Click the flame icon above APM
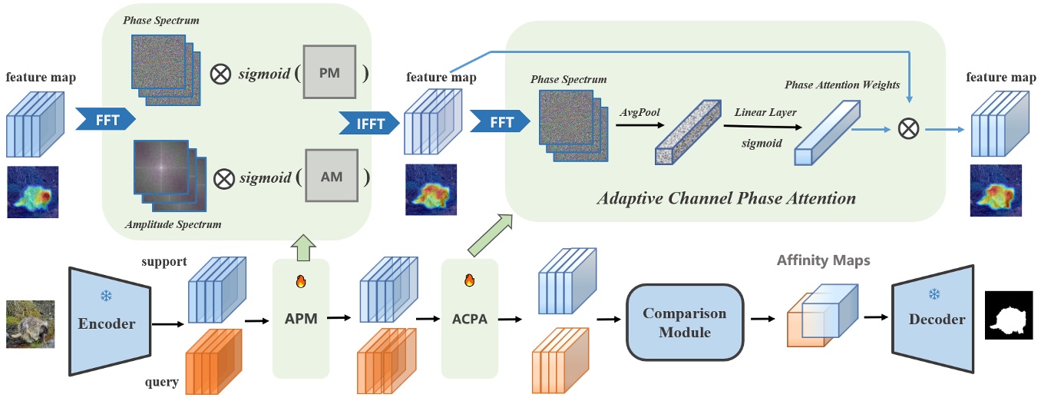pyautogui.click(x=300, y=281)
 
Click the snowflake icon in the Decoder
pyautogui.click(x=934, y=294)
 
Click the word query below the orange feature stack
pyautogui.click(x=163, y=382)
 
